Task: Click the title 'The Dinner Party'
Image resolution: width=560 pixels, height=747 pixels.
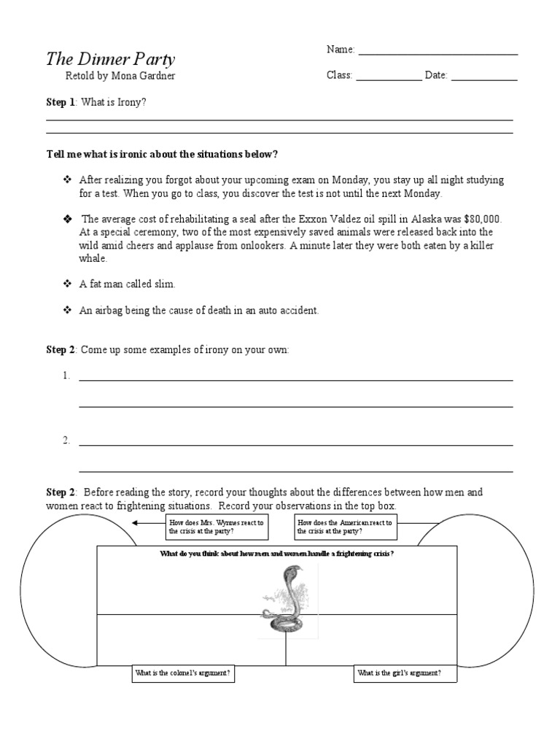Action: (x=111, y=59)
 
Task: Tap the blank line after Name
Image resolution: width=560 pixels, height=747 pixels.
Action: (x=437, y=51)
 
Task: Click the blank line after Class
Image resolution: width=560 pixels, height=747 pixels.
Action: (x=388, y=77)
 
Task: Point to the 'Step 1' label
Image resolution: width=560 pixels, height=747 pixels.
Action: (x=61, y=102)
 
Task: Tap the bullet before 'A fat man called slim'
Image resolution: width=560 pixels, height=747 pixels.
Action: (x=66, y=284)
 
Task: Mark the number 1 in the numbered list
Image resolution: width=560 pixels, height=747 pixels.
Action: (x=66, y=376)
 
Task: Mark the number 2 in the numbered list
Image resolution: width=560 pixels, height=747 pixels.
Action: (x=66, y=440)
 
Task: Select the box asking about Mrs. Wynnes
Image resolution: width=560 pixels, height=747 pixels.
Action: (x=216, y=527)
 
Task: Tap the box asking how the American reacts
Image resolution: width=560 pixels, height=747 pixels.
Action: (x=345, y=527)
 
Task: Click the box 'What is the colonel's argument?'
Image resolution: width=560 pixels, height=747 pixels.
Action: (x=184, y=674)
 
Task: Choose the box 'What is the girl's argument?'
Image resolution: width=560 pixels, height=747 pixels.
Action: (x=405, y=674)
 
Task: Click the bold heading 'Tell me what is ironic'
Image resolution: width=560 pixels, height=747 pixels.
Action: (x=162, y=155)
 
